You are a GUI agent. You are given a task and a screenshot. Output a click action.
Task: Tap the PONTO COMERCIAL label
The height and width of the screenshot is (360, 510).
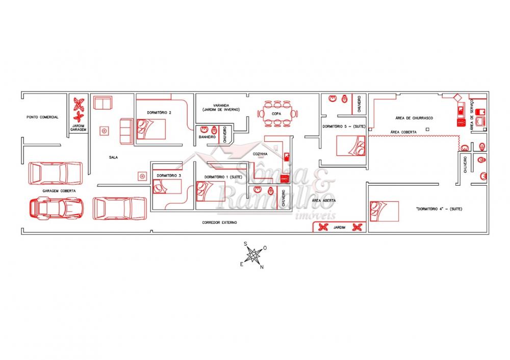(x=43, y=117)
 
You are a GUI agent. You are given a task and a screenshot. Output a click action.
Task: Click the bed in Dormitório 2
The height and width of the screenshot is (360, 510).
(x=151, y=128)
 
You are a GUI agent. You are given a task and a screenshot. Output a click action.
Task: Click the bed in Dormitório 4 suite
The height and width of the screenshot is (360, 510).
(x=385, y=212)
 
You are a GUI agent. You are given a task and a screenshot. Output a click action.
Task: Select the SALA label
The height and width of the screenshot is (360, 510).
(x=113, y=157)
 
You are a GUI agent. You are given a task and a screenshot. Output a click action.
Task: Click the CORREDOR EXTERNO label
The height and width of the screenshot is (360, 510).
(x=219, y=223)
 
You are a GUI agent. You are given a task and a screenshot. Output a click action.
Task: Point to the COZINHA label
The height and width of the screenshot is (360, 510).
(x=261, y=153)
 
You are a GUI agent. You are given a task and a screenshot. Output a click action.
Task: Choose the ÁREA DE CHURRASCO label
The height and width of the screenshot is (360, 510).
(x=414, y=118)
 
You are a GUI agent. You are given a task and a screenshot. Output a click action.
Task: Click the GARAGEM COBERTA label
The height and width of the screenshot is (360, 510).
(x=59, y=191)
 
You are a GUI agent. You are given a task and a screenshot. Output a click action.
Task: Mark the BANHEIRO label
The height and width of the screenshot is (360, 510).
(x=207, y=138)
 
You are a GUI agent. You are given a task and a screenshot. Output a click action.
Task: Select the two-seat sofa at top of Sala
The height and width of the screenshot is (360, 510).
(x=103, y=104)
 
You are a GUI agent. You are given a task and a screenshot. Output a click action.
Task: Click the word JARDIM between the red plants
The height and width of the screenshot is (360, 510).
(x=340, y=227)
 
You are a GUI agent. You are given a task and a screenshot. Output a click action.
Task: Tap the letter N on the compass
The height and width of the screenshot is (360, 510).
(x=262, y=267)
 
